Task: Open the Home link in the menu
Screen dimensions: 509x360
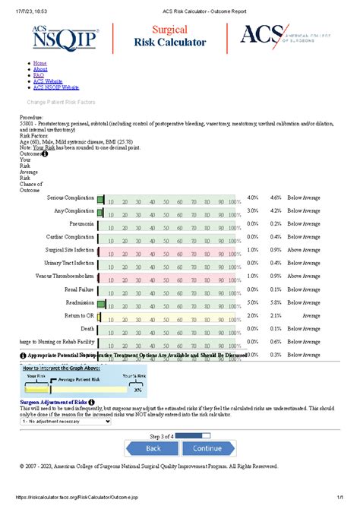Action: click(40, 63)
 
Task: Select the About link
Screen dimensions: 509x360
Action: click(41, 69)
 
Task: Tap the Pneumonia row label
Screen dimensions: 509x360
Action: click(82, 224)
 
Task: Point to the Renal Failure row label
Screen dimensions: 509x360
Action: click(79, 289)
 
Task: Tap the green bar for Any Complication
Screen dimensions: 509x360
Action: click(100, 211)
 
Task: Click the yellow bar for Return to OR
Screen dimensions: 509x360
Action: click(99, 315)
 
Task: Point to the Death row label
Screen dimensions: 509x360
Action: click(87, 328)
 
